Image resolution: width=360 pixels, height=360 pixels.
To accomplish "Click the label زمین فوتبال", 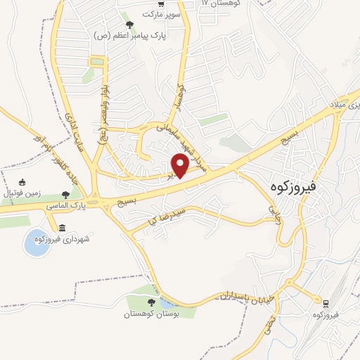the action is pos(21,193).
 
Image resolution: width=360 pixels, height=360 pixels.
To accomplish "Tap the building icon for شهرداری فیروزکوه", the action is pos(63,228).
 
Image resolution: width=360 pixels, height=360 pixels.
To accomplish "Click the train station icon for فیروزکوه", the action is pos(326,304).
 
